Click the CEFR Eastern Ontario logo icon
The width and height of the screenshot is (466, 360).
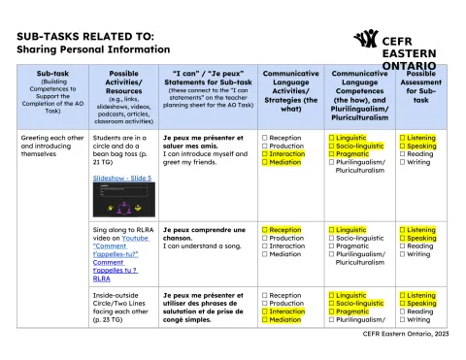[x=366, y=42]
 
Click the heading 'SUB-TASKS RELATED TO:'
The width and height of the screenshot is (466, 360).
[x=84, y=36]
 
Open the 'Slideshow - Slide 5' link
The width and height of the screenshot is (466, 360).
[x=122, y=180]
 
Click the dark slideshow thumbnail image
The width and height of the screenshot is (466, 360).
[x=123, y=201]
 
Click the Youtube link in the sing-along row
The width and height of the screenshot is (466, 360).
[x=136, y=238]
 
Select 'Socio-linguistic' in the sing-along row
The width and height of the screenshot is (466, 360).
[x=358, y=238]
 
